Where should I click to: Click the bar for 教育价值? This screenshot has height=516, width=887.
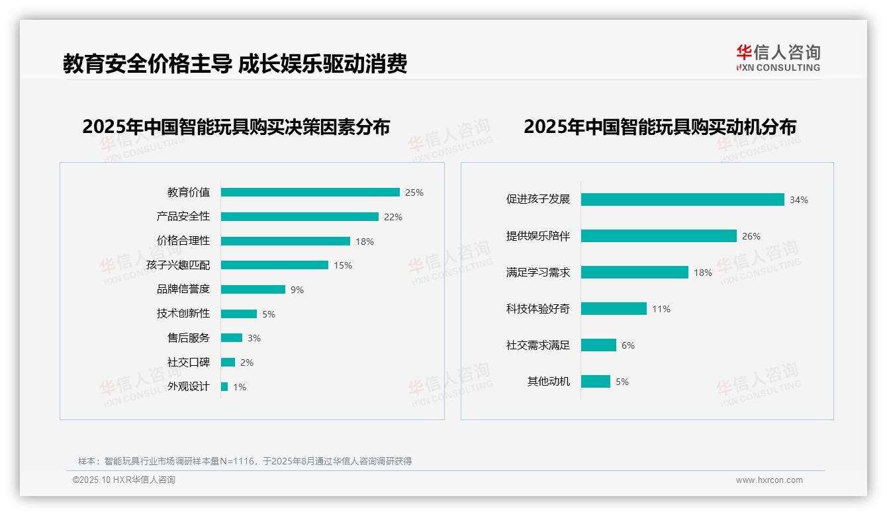tap(310, 193)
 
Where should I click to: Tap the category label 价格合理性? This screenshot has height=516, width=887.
tap(183, 241)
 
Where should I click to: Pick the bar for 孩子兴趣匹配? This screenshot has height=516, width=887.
tap(274, 265)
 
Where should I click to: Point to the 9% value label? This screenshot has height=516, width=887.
tap(297, 290)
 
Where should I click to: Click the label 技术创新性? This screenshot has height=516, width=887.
tap(183, 314)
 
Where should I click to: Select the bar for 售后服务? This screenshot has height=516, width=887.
tap(232, 338)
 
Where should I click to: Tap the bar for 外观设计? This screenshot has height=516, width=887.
tap(224, 386)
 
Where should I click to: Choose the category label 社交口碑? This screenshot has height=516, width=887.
tap(189, 363)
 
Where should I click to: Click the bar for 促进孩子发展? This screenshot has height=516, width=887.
tap(682, 199)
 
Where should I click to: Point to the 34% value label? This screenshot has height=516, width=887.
tap(799, 200)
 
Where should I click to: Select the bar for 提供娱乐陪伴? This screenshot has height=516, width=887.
tap(659, 236)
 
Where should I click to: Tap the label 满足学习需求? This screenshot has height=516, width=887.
tap(538, 273)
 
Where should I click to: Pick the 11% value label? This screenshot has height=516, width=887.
tap(661, 309)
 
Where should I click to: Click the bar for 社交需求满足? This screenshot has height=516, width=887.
tap(598, 345)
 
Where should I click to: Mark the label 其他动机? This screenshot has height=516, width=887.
tap(549, 382)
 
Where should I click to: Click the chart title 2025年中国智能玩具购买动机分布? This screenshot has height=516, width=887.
tap(660, 127)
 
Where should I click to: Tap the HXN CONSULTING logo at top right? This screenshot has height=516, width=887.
tap(778, 58)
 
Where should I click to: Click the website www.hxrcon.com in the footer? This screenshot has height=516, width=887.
tap(769, 480)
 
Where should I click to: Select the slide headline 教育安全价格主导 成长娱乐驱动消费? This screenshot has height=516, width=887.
tap(235, 64)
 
